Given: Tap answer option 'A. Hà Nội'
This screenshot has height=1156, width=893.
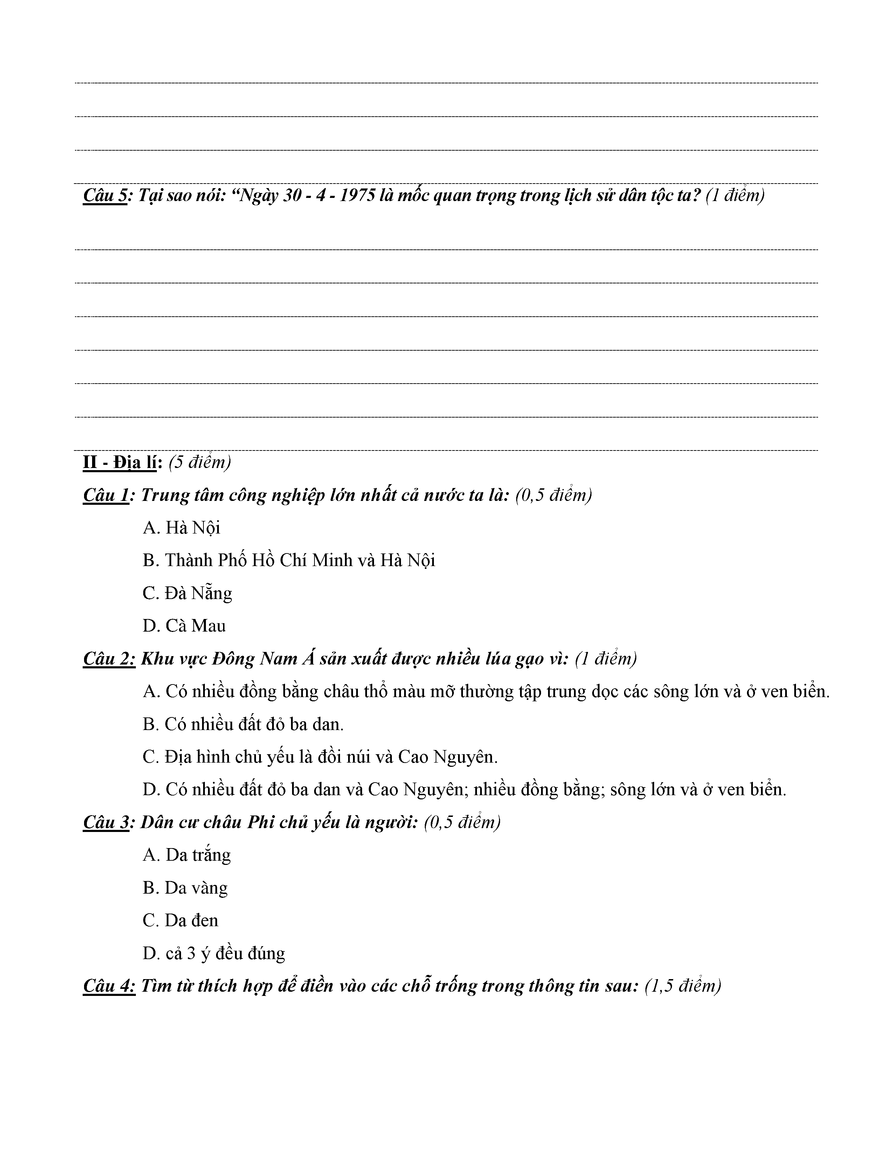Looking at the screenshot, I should click(181, 528).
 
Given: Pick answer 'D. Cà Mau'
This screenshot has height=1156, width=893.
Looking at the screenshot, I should click(184, 626).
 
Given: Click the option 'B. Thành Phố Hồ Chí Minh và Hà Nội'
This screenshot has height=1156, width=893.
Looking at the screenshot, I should click(289, 560).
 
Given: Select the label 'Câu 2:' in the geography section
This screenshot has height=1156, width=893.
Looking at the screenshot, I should click(109, 659).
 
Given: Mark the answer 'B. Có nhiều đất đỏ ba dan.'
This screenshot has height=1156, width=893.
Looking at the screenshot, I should click(243, 724).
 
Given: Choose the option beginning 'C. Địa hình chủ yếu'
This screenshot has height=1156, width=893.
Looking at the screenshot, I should click(320, 757).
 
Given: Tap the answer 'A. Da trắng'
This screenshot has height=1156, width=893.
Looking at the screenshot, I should click(187, 855).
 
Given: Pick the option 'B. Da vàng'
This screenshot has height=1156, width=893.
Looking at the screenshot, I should click(185, 888).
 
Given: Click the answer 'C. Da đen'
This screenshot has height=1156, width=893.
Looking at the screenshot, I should click(180, 921).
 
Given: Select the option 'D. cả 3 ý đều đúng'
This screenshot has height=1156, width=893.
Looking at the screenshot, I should click(214, 953).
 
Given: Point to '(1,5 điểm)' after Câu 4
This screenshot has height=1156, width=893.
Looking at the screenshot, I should click(683, 986).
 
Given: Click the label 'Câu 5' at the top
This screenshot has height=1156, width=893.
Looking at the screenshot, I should click(105, 196).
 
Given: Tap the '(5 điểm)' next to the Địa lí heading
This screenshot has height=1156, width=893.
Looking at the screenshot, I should click(200, 463).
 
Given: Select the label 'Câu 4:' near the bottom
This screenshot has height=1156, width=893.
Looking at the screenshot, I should click(109, 986).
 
